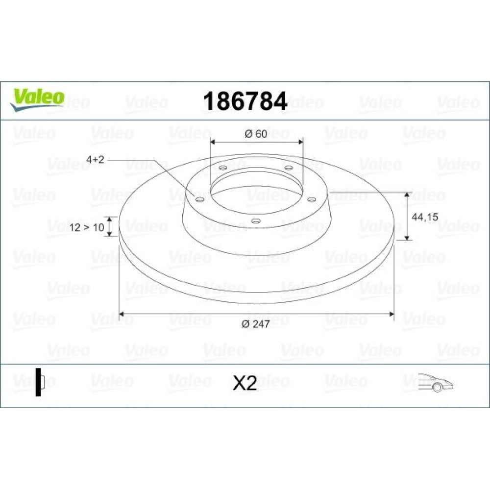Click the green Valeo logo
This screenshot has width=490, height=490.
(37, 99)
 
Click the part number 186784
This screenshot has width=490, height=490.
(245, 101)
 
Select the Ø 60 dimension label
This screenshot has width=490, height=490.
(256, 134)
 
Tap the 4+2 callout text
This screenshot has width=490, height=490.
(95, 160)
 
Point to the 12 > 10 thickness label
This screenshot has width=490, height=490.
(87, 227)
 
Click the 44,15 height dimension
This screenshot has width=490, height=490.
(425, 217)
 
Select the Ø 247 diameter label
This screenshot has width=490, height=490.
(255, 324)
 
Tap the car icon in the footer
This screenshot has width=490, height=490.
(435, 382)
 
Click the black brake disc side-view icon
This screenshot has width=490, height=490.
(40, 382)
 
